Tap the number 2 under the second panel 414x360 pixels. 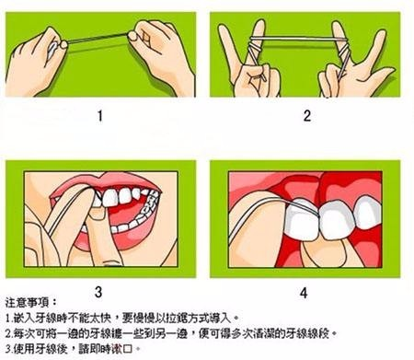pyautogui.click(x=307, y=116)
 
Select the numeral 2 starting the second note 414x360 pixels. pyautogui.click(x=7, y=333)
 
